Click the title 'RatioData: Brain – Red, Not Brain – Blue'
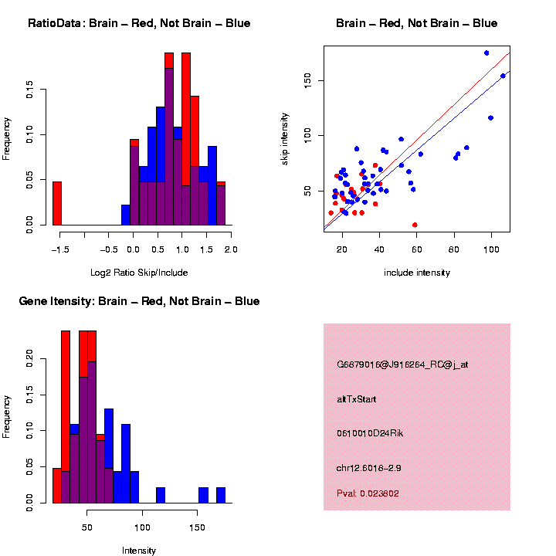click(139, 23)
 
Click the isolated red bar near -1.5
click(56, 204)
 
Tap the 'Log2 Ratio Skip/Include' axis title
click(138, 273)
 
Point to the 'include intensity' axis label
click(417, 273)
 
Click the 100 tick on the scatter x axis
click(492, 249)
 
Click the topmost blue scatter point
click(486, 53)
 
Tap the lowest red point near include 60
click(415, 225)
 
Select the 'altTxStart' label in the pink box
click(356, 399)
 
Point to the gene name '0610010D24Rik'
click(370, 433)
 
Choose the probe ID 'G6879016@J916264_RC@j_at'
click(402, 364)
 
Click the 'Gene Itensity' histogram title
click(139, 301)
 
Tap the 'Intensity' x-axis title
click(139, 551)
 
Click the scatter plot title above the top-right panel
click(417, 23)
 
